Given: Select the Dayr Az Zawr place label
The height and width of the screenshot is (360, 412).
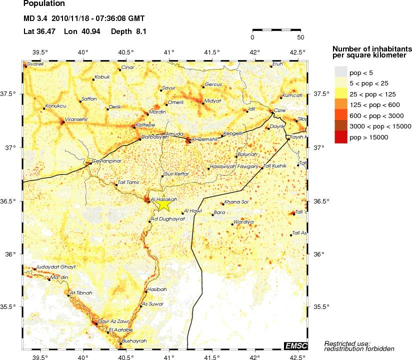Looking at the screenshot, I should (111, 321).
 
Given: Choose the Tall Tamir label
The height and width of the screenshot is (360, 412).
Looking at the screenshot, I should (128, 183).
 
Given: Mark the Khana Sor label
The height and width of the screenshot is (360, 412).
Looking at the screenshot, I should (237, 202).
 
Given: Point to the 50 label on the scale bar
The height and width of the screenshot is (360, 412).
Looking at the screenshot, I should (300, 37).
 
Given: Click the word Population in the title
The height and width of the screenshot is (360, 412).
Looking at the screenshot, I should (44, 4).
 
